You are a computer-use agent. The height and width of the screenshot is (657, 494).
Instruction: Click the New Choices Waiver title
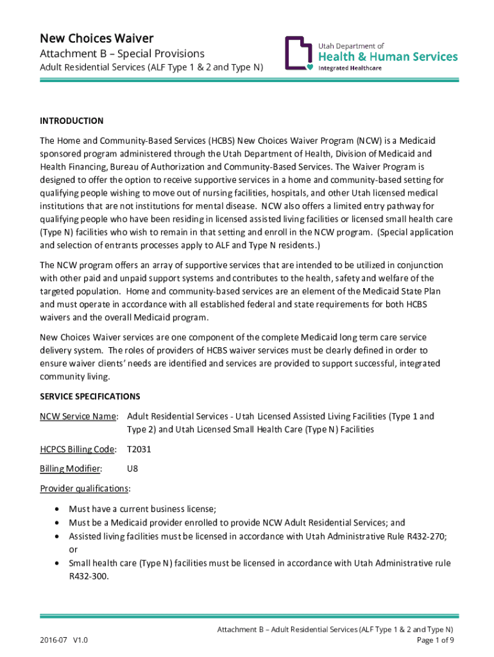(x=97, y=38)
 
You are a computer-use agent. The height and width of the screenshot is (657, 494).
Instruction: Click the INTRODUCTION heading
(x=72, y=121)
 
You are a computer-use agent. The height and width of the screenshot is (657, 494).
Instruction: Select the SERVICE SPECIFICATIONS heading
(x=90, y=397)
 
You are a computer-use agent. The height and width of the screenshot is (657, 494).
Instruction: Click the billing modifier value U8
(x=133, y=469)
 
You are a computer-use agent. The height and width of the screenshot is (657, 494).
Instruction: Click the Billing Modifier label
(x=71, y=469)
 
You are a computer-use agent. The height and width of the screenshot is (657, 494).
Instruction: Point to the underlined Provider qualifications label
(x=84, y=489)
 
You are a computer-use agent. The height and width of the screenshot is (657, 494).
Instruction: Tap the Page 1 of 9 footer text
(x=436, y=640)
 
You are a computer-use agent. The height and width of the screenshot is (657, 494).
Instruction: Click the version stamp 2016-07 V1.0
(x=64, y=640)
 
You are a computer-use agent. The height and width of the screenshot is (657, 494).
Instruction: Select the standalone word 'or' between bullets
(x=73, y=549)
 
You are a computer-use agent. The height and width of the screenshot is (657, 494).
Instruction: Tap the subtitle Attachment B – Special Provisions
(x=122, y=54)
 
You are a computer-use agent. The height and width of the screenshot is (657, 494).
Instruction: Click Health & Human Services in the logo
(x=388, y=56)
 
